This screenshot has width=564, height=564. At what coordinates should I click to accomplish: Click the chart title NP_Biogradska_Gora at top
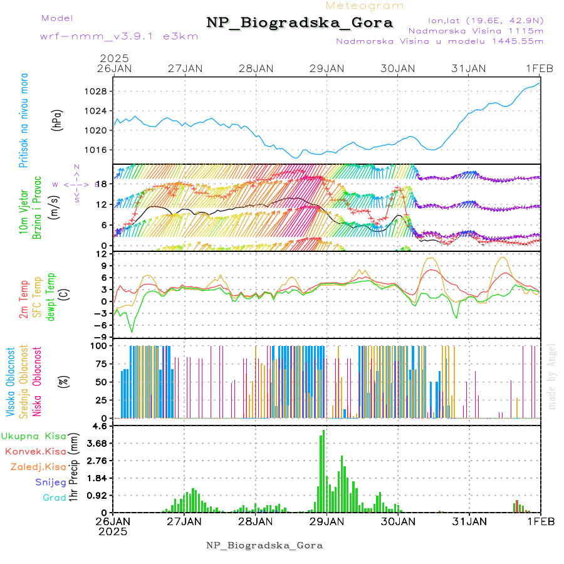click(300, 23)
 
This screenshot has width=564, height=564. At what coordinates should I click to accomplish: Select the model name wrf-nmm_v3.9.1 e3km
click(119, 36)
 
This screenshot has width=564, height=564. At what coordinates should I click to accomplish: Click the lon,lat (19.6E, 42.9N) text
click(485, 20)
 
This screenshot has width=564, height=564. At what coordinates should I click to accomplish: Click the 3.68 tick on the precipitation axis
click(100, 443)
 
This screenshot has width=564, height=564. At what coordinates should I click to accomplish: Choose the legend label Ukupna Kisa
click(33, 436)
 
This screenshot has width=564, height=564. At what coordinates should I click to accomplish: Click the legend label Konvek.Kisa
click(35, 451)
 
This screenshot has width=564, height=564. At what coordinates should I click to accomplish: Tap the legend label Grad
click(55, 498)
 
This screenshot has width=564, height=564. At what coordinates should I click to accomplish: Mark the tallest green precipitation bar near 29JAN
click(323, 470)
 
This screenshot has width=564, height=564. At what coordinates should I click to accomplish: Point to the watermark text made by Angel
click(551, 376)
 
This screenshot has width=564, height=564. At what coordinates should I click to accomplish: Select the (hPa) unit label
click(58, 120)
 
